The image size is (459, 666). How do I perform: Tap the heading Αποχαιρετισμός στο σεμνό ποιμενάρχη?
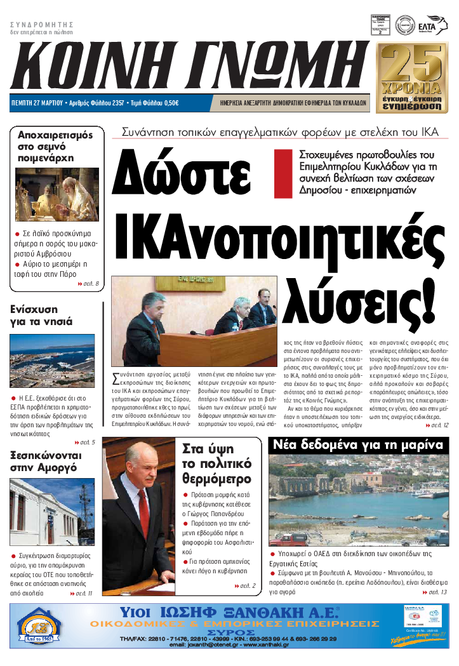pos(55,146)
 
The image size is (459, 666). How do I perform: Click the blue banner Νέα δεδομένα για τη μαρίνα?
pos(357,445)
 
